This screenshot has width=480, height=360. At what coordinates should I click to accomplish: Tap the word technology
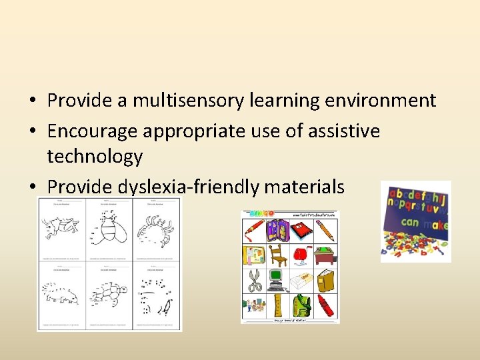[95, 157]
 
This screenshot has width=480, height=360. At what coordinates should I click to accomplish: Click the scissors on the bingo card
[256, 281]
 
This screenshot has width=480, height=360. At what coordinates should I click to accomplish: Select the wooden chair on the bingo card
[278, 255]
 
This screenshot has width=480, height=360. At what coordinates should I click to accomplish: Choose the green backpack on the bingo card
[301, 307]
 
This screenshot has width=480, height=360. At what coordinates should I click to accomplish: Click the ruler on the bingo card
[278, 307]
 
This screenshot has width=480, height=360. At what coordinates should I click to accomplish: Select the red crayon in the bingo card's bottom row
[325, 307]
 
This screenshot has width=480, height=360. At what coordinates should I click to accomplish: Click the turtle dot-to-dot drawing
[109, 293]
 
